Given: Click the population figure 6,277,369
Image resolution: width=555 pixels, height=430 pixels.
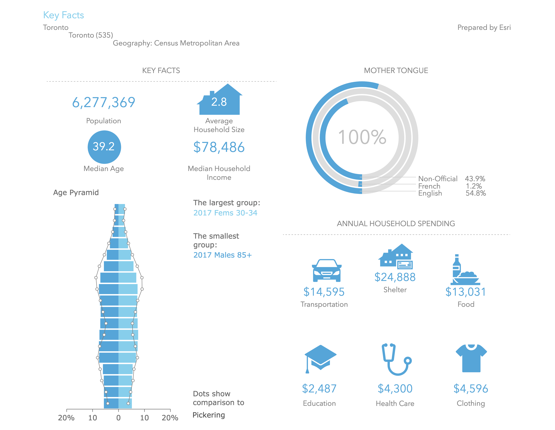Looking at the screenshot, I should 104,103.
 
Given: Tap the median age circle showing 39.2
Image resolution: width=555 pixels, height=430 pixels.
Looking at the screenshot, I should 104,147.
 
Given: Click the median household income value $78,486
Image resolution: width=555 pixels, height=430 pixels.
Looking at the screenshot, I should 219,147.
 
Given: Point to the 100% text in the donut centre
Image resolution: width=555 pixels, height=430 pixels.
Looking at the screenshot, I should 362,137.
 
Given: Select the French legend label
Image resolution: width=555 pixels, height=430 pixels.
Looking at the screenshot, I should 429,186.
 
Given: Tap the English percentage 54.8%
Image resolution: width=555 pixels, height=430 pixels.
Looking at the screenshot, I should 476,193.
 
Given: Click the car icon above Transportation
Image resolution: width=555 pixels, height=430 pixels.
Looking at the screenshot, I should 327,270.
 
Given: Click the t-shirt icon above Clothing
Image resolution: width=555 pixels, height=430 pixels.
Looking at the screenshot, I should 471,358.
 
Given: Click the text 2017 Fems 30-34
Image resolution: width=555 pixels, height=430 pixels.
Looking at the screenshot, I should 225,213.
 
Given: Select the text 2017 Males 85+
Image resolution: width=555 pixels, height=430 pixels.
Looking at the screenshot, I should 222,255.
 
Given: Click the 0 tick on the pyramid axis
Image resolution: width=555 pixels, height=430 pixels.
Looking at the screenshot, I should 118,418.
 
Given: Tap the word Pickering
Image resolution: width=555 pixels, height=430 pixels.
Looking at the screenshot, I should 209,415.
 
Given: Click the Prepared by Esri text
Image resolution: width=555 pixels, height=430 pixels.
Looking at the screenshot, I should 484,27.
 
